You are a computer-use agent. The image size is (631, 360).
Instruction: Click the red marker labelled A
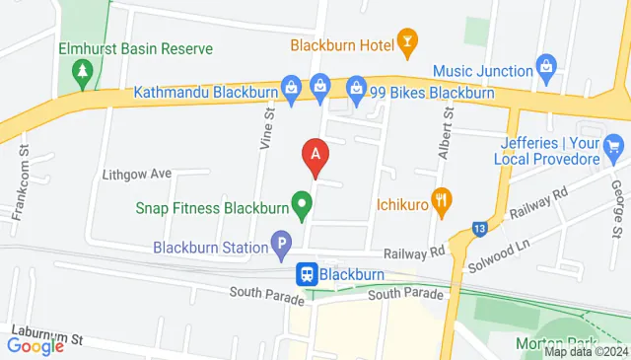point(315,155)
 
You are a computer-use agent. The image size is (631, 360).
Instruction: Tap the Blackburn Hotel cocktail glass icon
point(407,40)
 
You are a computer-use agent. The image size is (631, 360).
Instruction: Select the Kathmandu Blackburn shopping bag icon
point(291,88)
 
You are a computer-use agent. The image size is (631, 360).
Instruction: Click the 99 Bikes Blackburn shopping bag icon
point(356,89)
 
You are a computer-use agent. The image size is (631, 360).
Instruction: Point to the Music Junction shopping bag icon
point(545,66)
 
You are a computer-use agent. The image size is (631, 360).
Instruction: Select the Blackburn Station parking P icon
point(281,241)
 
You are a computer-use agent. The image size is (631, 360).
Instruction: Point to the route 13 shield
point(479,228)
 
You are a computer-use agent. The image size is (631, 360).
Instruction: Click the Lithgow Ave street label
point(137,174)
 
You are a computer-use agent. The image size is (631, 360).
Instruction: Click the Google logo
point(35,345)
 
